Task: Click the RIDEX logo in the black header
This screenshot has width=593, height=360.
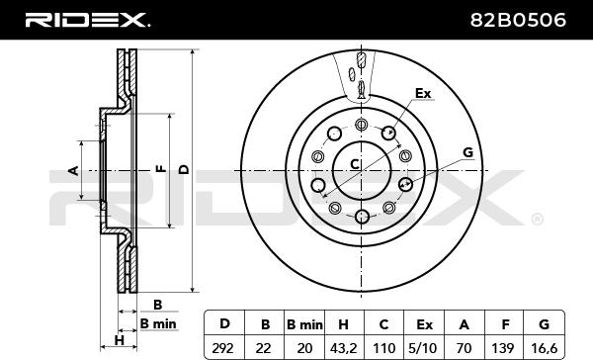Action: [87, 20]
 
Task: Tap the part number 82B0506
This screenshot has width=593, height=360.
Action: [518, 20]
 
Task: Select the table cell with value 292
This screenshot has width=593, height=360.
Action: [223, 347]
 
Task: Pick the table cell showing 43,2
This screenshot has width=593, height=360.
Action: [344, 347]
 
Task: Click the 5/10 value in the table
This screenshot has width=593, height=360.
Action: [424, 347]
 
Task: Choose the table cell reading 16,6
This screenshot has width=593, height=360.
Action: [544, 347]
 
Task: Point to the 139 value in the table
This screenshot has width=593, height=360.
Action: [504, 347]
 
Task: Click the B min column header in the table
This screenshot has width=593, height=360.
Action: [304, 324]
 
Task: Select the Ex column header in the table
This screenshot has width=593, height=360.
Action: [424, 324]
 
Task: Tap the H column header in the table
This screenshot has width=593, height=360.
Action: [343, 324]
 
